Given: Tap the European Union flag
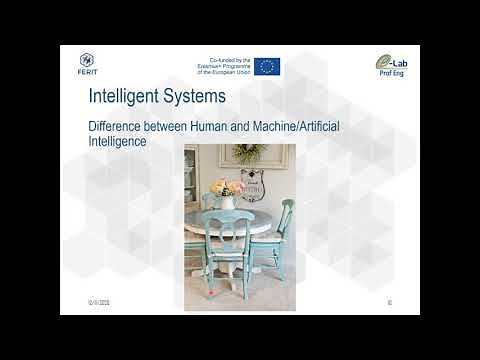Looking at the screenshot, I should (266, 67).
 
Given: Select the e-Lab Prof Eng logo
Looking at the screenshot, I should (388, 65).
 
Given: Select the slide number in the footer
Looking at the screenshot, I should (388, 302).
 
